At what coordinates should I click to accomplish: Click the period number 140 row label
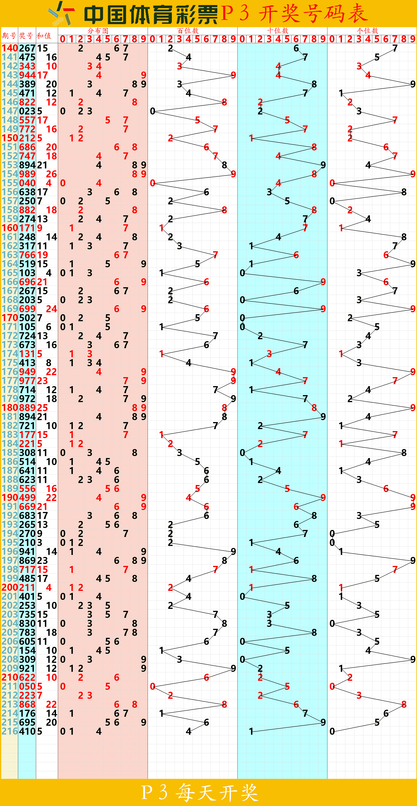point(10,48)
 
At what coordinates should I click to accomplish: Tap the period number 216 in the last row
point(10,731)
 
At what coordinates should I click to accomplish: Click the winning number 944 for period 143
point(27,75)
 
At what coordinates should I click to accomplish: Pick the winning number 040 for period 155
point(27,183)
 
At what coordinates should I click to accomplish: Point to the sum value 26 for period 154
point(51,174)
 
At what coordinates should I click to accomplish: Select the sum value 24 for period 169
point(51,309)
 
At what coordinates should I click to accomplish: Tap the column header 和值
point(44,36)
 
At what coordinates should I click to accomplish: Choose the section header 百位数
point(188,31)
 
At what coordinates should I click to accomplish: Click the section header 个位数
point(368,31)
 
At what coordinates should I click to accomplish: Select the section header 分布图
point(98,31)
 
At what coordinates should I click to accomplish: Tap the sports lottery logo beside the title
point(61,13)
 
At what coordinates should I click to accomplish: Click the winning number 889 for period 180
point(27,408)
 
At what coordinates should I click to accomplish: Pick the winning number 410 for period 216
point(27,731)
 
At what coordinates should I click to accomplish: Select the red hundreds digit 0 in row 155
point(153,183)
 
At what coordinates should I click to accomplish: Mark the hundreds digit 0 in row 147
point(153,111)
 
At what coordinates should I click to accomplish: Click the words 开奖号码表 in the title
point(313,13)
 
